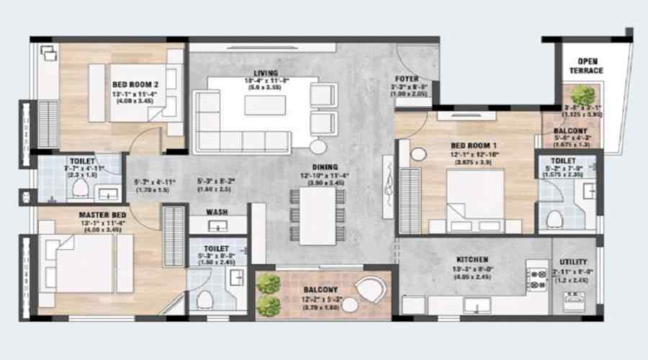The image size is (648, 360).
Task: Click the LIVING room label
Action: (261, 72)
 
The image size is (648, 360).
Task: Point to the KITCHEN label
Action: (472, 259)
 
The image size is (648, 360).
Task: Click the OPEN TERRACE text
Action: (590, 66)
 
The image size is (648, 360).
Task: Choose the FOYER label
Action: (408, 78)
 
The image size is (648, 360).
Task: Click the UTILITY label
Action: (573, 261)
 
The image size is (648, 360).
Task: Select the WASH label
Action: (217, 212)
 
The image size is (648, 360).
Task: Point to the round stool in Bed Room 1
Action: (417, 153)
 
